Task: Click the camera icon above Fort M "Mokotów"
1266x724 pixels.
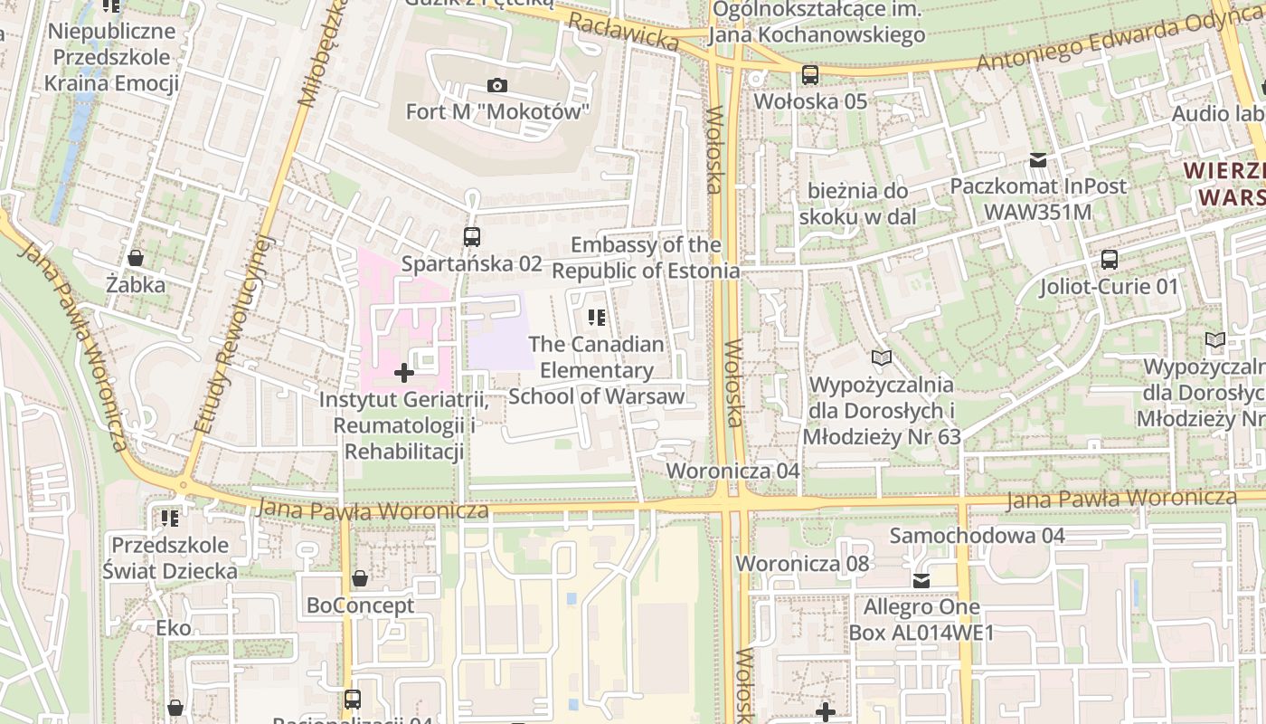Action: [x=496, y=86]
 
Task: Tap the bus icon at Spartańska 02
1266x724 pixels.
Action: [x=471, y=237]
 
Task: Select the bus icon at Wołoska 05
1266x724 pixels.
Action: [x=810, y=75]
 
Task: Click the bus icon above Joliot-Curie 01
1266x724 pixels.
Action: [x=1110, y=260]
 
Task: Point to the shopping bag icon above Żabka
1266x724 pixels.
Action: [x=135, y=258]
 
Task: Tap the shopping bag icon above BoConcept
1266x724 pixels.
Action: [x=360, y=578]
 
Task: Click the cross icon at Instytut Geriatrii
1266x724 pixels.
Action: [x=404, y=372]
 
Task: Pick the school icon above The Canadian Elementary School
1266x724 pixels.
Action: [x=597, y=317]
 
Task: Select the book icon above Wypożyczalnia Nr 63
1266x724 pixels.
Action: [x=882, y=358]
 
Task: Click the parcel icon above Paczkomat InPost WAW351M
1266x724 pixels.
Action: [x=1038, y=160]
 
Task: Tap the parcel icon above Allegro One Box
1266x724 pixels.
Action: [x=921, y=581]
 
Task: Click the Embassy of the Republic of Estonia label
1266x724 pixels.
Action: [x=646, y=258]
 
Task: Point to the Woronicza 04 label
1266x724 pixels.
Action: [x=732, y=471]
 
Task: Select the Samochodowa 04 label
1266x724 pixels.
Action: [x=977, y=535]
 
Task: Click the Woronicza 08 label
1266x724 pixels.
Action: [x=801, y=563]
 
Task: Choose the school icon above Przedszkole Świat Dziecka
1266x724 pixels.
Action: [x=169, y=519]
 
